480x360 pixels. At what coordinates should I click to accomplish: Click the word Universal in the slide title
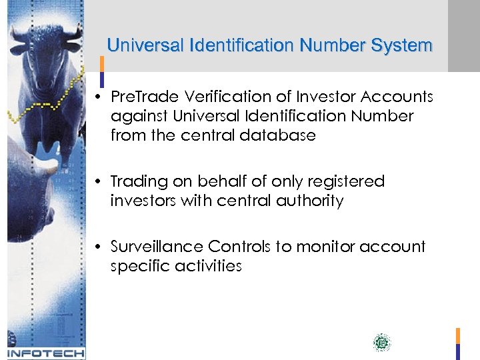[x=146, y=46]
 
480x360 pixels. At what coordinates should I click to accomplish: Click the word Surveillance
[x=157, y=247]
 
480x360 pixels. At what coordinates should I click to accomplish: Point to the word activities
[x=209, y=266]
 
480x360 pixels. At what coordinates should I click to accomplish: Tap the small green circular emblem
[x=381, y=343]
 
